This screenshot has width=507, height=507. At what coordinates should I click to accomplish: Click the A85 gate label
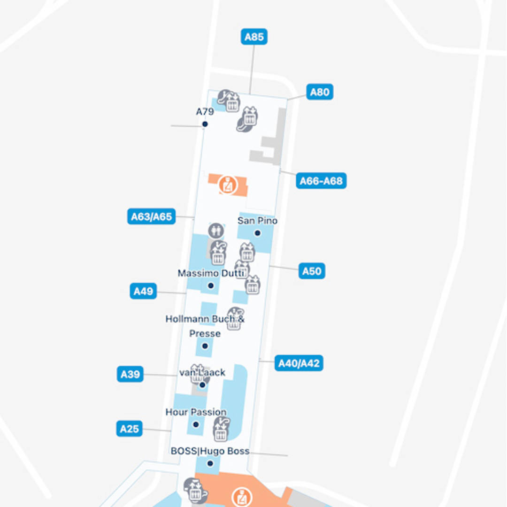254,37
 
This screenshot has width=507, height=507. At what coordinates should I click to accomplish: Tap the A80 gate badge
320,92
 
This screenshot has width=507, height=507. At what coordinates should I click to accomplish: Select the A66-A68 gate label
321,181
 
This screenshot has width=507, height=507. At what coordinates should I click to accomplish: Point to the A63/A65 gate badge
151,216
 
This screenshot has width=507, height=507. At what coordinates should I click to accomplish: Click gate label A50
312,271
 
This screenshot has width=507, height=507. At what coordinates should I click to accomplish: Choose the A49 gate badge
143,291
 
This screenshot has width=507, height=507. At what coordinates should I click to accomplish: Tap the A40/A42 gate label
299,363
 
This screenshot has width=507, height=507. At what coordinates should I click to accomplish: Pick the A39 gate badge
130,374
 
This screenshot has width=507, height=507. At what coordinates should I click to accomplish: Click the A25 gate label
129,429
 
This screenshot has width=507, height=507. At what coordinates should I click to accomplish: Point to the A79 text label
205,112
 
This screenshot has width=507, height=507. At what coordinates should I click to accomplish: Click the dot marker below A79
205,124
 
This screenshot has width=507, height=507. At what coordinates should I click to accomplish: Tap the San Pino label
257,221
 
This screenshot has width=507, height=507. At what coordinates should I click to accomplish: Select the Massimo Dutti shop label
212,273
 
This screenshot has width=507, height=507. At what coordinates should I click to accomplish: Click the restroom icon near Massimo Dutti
215,231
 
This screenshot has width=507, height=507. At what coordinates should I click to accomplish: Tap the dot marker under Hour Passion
196,424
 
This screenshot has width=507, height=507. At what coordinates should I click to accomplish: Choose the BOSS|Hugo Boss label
210,451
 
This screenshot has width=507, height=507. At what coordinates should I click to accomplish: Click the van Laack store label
202,373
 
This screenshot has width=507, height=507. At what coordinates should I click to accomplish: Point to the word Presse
205,333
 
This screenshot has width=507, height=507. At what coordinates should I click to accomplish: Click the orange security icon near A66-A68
228,184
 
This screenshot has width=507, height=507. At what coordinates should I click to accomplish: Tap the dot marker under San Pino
257,233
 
